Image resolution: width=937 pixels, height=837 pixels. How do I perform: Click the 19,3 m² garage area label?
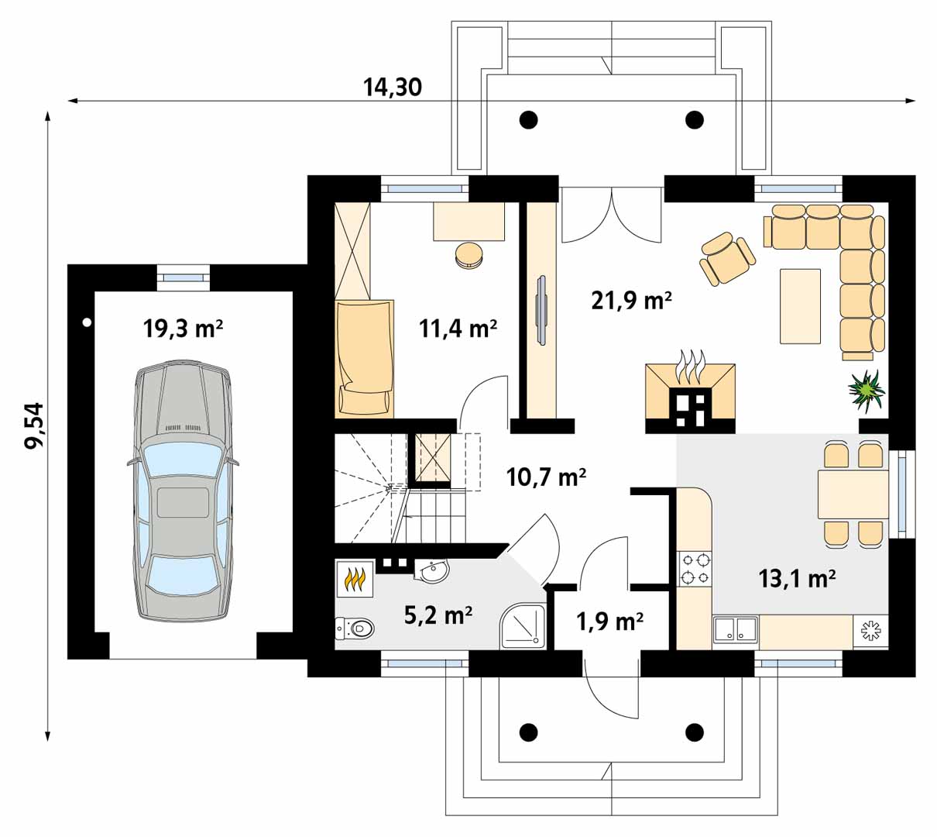[x=183, y=329]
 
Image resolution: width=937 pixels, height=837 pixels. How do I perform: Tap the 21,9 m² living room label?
[x=631, y=301]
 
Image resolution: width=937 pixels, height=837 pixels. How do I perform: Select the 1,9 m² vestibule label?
[x=609, y=622]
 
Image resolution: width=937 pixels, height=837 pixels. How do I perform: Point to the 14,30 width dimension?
[x=393, y=87]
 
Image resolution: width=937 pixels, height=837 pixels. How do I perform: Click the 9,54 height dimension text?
[x=35, y=425]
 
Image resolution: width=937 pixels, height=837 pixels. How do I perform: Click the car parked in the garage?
[x=184, y=489]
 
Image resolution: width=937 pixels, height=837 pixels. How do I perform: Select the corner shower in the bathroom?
[x=523, y=625]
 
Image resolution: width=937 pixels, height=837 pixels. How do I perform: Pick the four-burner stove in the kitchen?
[x=694, y=569]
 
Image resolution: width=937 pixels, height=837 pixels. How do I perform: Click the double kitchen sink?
[x=736, y=629]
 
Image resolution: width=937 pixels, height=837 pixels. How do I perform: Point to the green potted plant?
[x=867, y=391]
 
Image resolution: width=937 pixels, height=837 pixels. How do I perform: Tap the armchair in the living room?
[x=727, y=258]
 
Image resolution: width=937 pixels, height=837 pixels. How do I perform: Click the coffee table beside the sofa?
[x=800, y=306]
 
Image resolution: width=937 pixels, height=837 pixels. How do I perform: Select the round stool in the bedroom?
[x=469, y=256]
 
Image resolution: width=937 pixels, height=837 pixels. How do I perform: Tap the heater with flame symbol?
[x=355, y=579]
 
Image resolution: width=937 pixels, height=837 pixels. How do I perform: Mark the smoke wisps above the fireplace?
[x=690, y=366]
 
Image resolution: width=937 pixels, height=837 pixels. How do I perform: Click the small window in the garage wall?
[x=184, y=277]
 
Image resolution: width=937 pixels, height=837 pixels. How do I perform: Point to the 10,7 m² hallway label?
[x=546, y=477]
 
